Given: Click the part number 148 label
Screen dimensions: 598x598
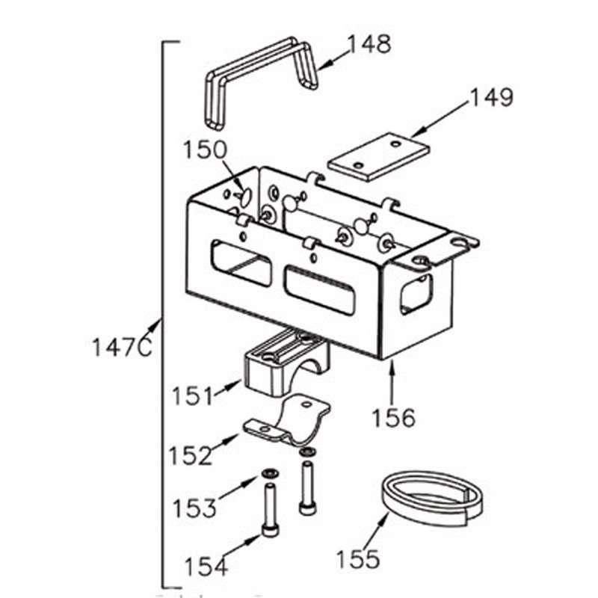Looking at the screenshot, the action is pyautogui.click(x=369, y=44).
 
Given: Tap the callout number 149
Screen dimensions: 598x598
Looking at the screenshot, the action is pyautogui.click(x=492, y=97).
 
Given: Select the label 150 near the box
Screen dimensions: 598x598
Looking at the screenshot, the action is pyautogui.click(x=205, y=149).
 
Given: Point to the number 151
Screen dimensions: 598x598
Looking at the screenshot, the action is pyautogui.click(x=193, y=395).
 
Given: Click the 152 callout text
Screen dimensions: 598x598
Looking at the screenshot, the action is pyautogui.click(x=191, y=455).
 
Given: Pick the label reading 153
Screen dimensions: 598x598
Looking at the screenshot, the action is pyautogui.click(x=194, y=508).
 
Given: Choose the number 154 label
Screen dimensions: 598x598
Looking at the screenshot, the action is pyautogui.click(x=206, y=566).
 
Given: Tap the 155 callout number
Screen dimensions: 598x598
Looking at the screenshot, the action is pyautogui.click(x=358, y=559).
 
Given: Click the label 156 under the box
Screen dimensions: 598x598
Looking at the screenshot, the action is pyautogui.click(x=393, y=418).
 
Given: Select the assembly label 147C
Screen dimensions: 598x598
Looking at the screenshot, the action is pyautogui.click(x=122, y=348).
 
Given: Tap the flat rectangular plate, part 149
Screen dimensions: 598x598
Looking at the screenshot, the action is pyautogui.click(x=378, y=156).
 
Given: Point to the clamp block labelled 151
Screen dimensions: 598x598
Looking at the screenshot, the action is pyautogui.click(x=286, y=362).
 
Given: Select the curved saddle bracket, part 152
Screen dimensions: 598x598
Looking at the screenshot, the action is pyautogui.click(x=287, y=421).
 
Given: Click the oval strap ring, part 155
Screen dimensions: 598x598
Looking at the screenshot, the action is pyautogui.click(x=432, y=498).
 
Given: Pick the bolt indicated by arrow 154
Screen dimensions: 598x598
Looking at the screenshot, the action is pyautogui.click(x=270, y=510).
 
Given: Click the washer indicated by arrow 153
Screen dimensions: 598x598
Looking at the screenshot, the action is pyautogui.click(x=270, y=474).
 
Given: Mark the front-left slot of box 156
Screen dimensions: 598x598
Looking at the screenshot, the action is pyautogui.click(x=241, y=263).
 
